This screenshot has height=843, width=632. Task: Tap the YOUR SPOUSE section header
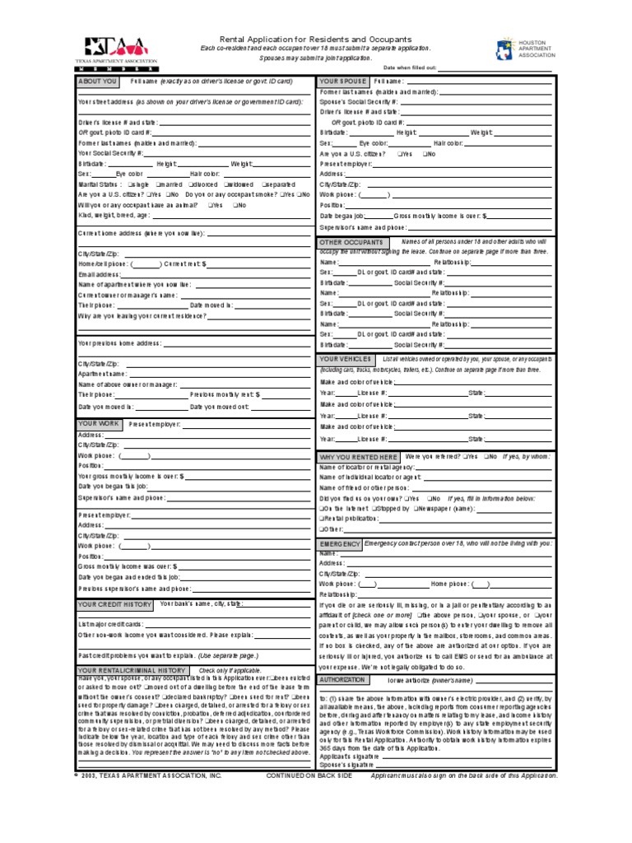[342, 82]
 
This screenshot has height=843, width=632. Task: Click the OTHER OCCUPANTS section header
[351, 242]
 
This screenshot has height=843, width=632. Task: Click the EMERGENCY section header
[340, 545]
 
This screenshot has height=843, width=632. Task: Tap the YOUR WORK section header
[99, 424]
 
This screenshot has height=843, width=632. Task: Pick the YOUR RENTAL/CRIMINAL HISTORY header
[132, 671]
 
